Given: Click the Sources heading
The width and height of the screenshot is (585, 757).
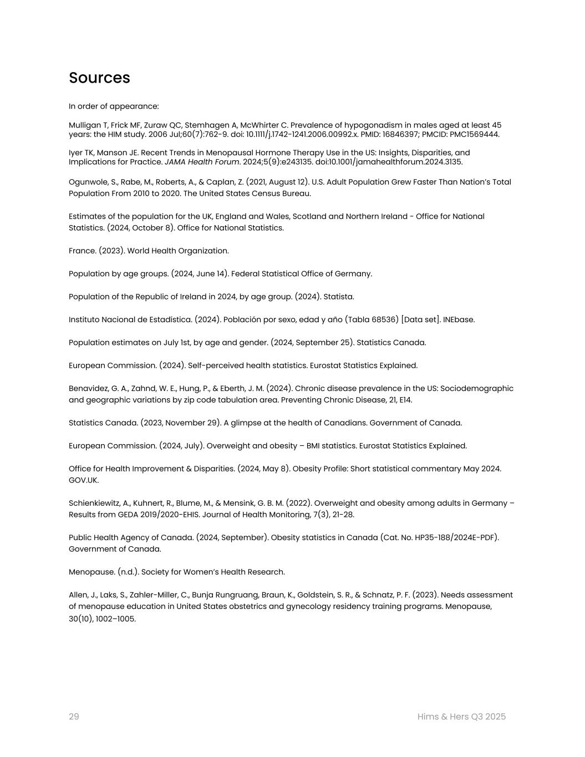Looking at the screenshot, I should click(99, 78).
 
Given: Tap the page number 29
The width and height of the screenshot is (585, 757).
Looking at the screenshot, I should click(74, 717).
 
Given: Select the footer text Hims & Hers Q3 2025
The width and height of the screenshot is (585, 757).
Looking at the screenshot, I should click(461, 717).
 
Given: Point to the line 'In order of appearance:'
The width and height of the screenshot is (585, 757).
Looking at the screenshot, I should click(114, 106).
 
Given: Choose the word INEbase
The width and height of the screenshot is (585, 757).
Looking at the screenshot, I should click(459, 319).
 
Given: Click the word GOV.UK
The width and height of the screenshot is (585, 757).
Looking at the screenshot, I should click(83, 480).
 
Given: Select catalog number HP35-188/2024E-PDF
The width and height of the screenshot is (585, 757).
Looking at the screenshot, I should click(454, 537).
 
